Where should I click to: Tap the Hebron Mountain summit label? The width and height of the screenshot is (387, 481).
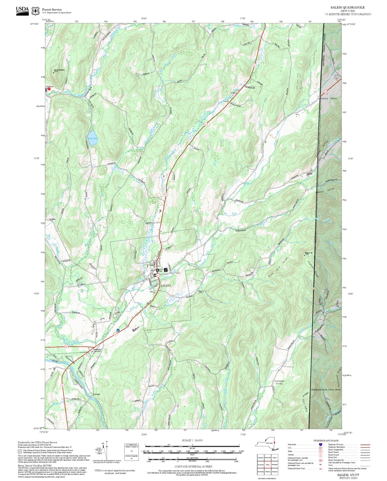pos(59,70)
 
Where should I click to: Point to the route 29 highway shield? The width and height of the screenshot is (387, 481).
pos(66,347)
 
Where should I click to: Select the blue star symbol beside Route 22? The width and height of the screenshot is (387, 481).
pos(118,330)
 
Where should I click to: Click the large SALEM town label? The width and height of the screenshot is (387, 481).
pos(165,285)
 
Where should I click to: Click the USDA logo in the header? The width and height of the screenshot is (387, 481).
pos(22,11)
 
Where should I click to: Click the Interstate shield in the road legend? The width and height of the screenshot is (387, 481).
pos(321,444)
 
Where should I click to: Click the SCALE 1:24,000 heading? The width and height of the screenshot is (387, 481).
pos(192,440)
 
